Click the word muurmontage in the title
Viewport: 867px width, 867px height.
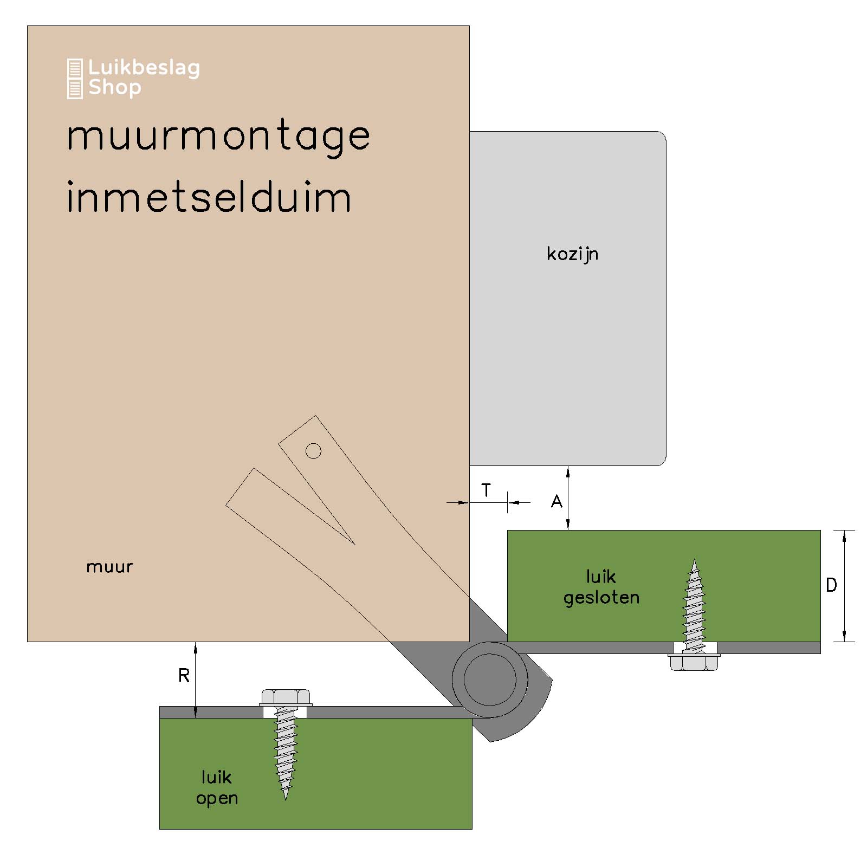click(x=218, y=137)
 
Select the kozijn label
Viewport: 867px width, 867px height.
click(x=572, y=254)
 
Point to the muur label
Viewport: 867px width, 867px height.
click(x=109, y=567)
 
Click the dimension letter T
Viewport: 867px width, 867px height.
click(x=486, y=490)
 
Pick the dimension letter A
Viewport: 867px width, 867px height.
click(x=557, y=502)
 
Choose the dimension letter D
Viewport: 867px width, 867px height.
click(x=831, y=585)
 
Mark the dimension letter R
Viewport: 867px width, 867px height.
click(x=184, y=676)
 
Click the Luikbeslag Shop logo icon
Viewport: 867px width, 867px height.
click(x=75, y=79)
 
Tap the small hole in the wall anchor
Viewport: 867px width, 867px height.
click(x=313, y=451)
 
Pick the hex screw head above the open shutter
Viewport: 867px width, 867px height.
click(x=286, y=697)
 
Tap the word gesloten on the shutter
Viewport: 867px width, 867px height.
click(x=601, y=598)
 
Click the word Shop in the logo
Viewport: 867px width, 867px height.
click(x=115, y=88)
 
